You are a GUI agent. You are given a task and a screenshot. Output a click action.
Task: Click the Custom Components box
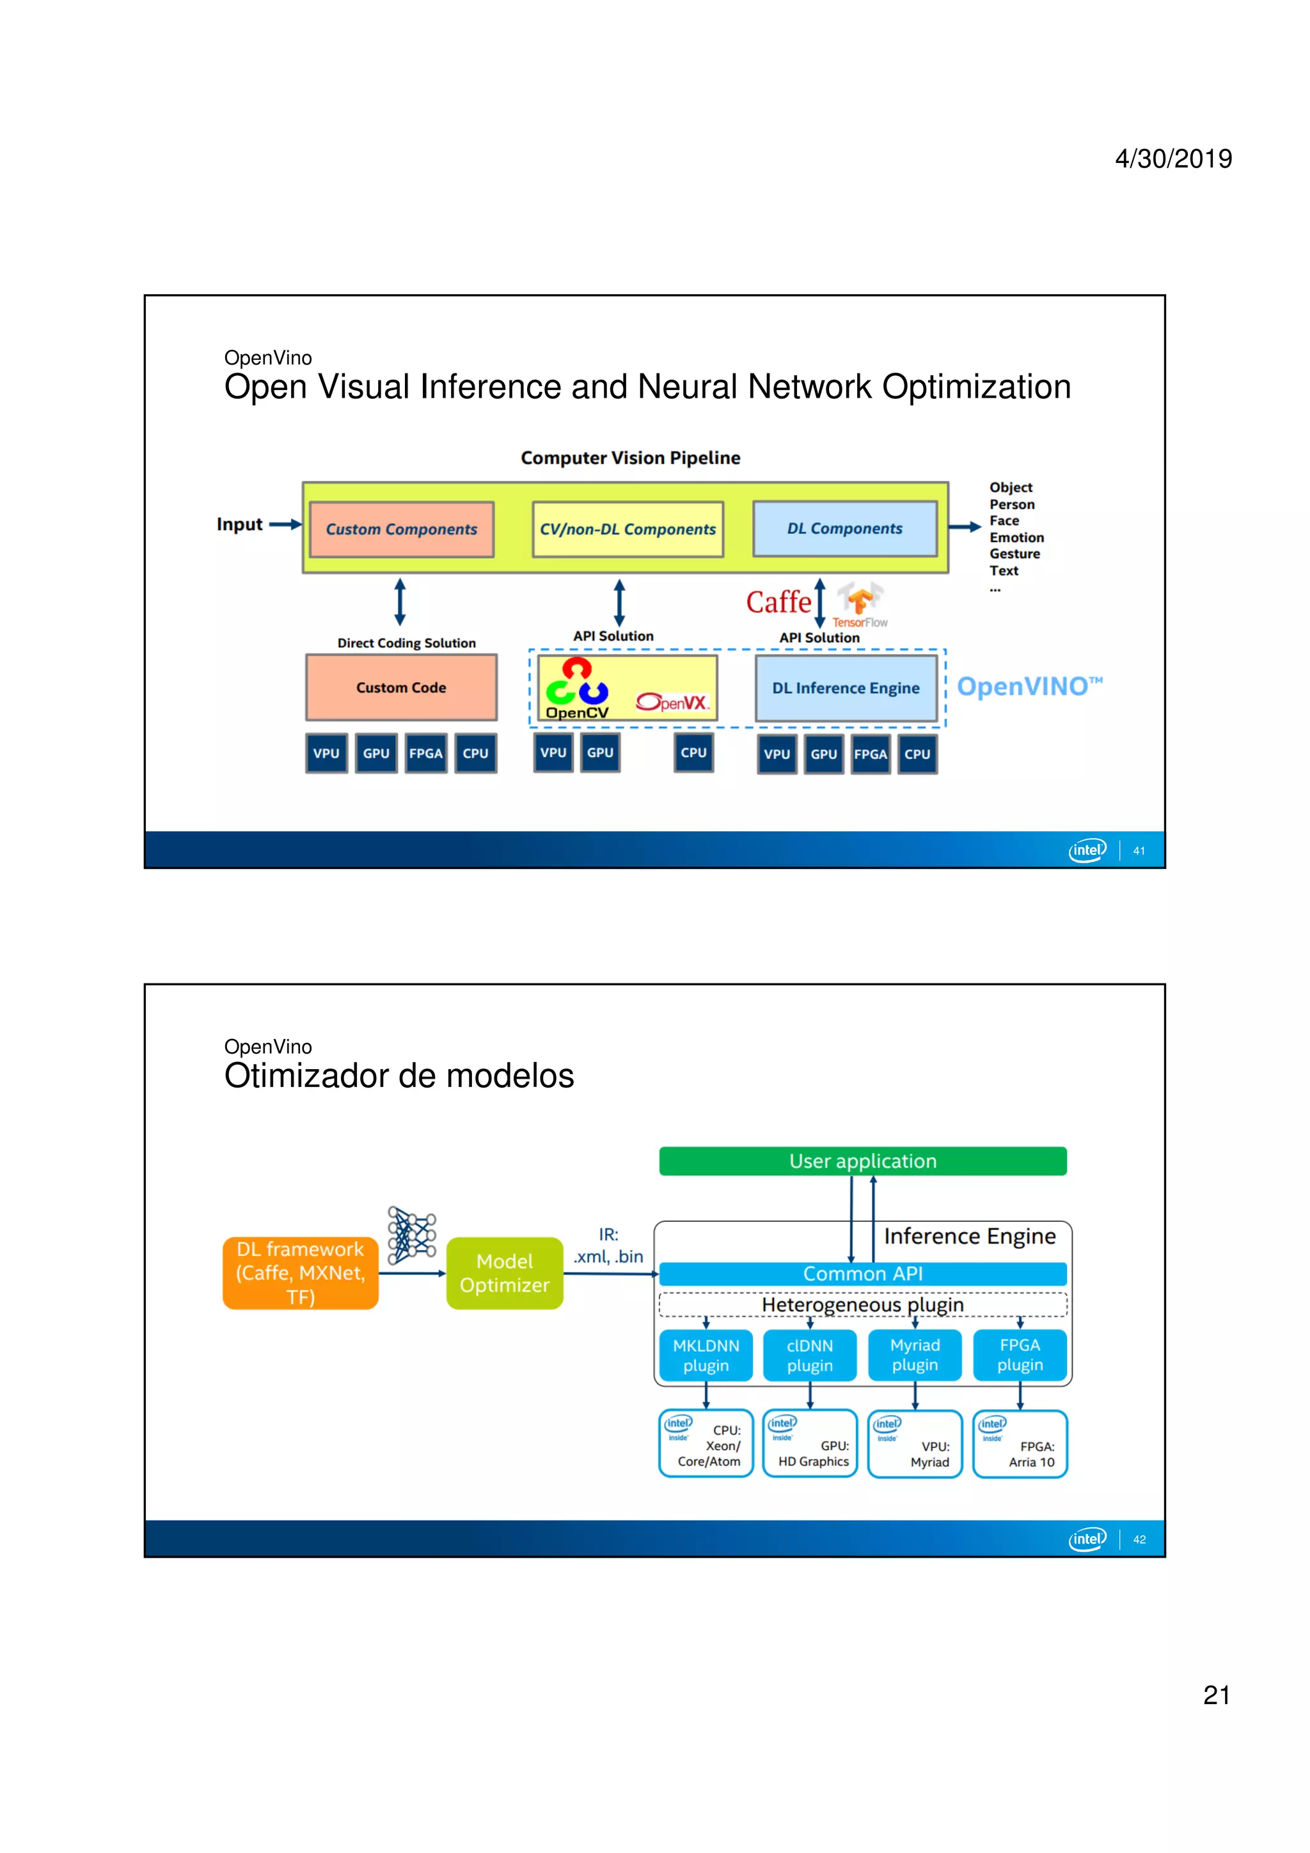point(401,529)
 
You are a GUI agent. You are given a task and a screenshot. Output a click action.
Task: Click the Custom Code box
point(401,687)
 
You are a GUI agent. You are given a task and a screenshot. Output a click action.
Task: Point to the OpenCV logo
point(576,689)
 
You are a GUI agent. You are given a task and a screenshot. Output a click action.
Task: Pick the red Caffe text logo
point(777,602)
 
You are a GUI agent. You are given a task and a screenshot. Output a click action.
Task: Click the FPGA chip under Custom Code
point(425,753)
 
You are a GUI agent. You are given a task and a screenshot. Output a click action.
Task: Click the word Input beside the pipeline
point(240,524)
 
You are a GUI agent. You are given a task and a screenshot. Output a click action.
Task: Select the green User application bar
point(862,1161)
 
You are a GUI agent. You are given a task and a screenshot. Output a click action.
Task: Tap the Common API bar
point(862,1274)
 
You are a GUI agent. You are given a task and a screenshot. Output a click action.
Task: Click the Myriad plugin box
point(915,1355)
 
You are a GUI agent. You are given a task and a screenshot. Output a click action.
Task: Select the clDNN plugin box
point(810,1355)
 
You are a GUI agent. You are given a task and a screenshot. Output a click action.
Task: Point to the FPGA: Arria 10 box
point(1020,1444)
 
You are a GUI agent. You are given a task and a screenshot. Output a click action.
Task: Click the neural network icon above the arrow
point(412,1235)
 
